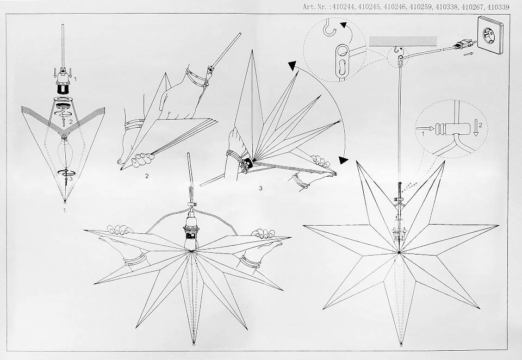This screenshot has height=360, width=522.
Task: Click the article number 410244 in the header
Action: (x=344, y=7)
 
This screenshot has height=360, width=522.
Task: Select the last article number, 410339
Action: (x=499, y=7)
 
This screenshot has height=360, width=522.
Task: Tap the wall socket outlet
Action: (x=489, y=35)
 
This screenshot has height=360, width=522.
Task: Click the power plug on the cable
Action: (x=463, y=44)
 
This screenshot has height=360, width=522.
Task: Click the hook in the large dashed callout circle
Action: (x=330, y=28)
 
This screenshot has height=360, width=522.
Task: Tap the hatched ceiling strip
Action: (x=403, y=41)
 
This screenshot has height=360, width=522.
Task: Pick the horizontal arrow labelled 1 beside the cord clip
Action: (x=425, y=128)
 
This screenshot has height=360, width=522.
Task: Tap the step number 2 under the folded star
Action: (x=147, y=176)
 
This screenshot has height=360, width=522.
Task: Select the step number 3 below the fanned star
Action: (x=260, y=188)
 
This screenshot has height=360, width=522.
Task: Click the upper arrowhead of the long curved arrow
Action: (x=291, y=66)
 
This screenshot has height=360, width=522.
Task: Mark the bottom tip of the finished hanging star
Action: (x=401, y=345)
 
